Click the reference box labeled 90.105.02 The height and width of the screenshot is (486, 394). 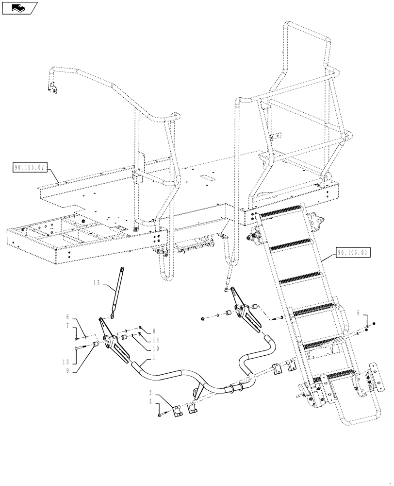click(x=30, y=168)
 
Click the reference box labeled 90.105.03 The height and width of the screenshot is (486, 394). click(x=352, y=253)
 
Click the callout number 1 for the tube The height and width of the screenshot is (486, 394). click(x=154, y=358)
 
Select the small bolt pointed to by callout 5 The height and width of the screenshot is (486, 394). click(x=162, y=415)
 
